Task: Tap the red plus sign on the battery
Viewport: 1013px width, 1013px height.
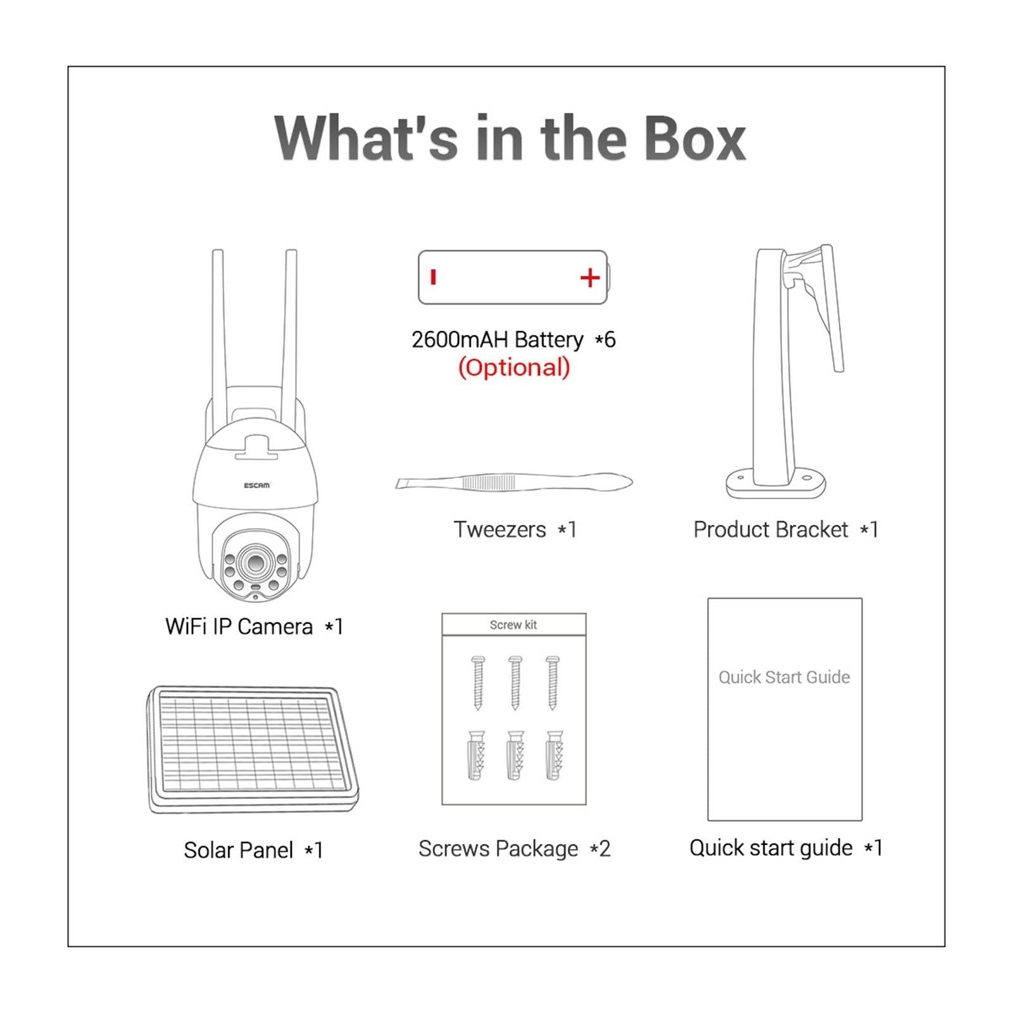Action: tap(589, 278)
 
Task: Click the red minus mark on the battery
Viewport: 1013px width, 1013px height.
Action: tap(433, 277)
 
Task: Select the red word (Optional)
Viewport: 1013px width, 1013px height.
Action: tap(513, 367)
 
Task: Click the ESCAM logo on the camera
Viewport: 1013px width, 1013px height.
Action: tap(257, 486)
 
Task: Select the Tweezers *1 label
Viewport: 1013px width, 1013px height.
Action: tap(514, 529)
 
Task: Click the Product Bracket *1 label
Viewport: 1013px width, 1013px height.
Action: tap(785, 529)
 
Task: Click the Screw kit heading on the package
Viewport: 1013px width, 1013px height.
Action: tap(513, 625)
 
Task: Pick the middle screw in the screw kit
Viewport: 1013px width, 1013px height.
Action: tap(515, 683)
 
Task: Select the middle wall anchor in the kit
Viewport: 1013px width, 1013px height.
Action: tap(515, 755)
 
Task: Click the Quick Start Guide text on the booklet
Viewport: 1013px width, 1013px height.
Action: tap(784, 677)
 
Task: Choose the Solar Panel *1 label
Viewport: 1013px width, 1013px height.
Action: tap(253, 850)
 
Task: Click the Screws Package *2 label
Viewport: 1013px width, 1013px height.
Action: tap(514, 848)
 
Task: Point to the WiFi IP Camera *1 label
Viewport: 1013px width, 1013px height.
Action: tap(254, 627)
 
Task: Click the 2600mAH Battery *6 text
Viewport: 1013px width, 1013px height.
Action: tap(513, 340)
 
